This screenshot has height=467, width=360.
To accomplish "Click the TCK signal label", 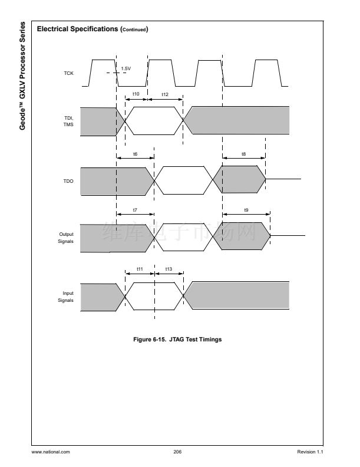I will [x=68, y=74].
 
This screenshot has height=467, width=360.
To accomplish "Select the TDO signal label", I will [x=68, y=182].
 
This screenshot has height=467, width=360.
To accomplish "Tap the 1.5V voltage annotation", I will [x=125, y=69].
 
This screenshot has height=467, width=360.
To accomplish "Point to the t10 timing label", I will [x=136, y=94].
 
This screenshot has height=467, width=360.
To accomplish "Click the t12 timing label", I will [x=165, y=94].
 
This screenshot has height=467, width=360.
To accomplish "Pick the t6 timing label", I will [x=135, y=154].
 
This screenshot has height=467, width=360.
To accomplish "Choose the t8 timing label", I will [x=244, y=154].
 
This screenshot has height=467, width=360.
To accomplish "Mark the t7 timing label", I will [x=135, y=210].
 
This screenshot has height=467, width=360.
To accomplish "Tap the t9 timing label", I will [x=246, y=210].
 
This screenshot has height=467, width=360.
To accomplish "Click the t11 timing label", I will [x=140, y=269].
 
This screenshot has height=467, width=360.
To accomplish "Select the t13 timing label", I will [x=169, y=269].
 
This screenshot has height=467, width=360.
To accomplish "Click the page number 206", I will [x=177, y=452].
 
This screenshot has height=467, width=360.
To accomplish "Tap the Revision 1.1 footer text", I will [x=311, y=452].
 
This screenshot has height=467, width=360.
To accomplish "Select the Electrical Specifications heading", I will [x=92, y=29].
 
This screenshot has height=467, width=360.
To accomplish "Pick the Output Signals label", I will [x=67, y=238].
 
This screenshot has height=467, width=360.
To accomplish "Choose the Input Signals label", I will [x=67, y=297].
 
